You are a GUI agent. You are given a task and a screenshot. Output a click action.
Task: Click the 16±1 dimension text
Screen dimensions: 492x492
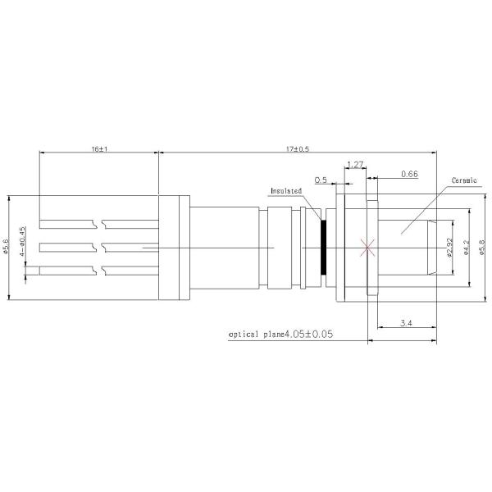pos(100,149)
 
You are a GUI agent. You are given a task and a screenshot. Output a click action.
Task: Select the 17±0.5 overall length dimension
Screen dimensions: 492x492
pos(297,149)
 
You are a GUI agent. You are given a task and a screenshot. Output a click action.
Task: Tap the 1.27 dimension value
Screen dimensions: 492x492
pos(355,165)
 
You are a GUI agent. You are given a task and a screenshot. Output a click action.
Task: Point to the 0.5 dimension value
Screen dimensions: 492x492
pos(321,179)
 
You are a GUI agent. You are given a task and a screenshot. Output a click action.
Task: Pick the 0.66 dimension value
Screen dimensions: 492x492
pos(410,175)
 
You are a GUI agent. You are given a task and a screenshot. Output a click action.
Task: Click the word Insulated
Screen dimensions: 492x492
pos(286,191)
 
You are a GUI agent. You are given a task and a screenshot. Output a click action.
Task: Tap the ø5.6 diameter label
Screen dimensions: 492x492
pos(7,246)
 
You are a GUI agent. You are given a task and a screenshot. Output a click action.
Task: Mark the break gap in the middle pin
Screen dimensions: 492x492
pos(104,246)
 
